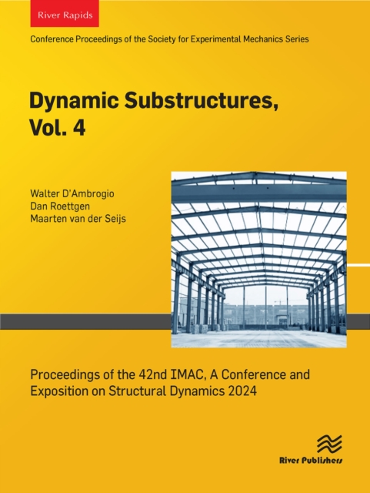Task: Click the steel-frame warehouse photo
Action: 258,260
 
